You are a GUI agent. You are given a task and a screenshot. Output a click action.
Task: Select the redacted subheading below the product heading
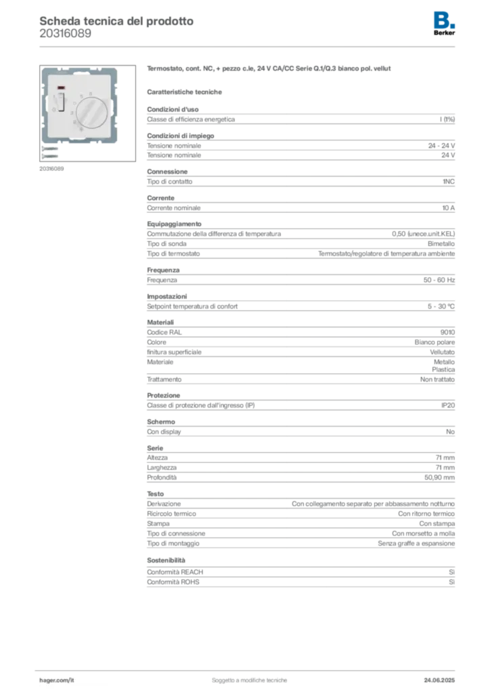[186, 91]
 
